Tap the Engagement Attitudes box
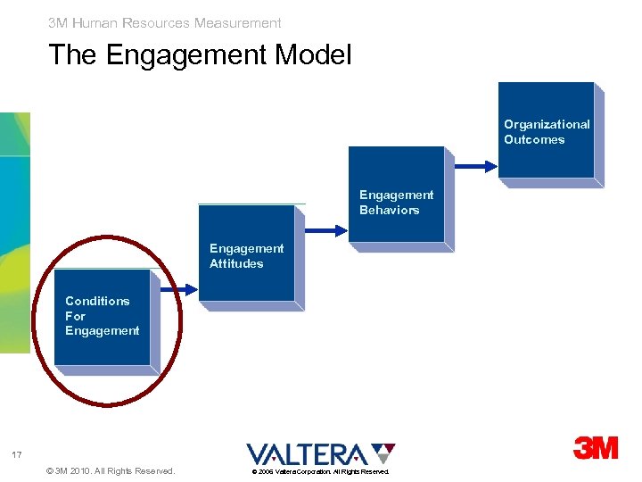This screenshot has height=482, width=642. [x=246, y=254]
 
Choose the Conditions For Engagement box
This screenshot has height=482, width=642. [x=102, y=316]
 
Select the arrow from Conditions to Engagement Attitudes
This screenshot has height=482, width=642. [x=178, y=289]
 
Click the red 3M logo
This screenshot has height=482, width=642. [x=596, y=448]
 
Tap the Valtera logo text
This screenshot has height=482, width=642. [x=306, y=453]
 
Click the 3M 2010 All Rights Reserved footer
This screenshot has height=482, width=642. [x=109, y=470]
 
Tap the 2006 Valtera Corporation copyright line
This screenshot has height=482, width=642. [x=319, y=471]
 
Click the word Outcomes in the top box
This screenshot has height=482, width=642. [x=534, y=139]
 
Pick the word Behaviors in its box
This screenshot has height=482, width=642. [x=389, y=210]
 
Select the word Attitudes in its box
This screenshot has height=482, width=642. [x=236, y=263]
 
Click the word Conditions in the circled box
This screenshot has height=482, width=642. [x=97, y=301]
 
